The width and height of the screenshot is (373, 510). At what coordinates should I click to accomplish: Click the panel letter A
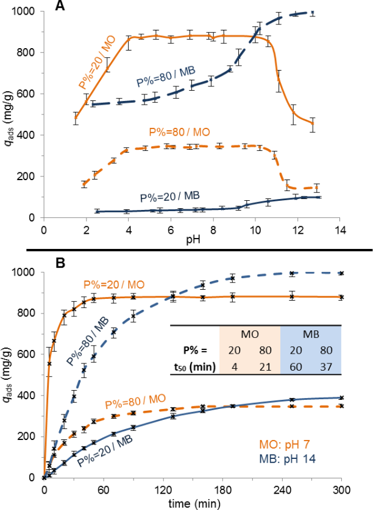pyautogui.click(x=59, y=6)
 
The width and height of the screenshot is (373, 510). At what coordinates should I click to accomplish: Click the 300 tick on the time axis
pyautogui.click(x=341, y=488)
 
